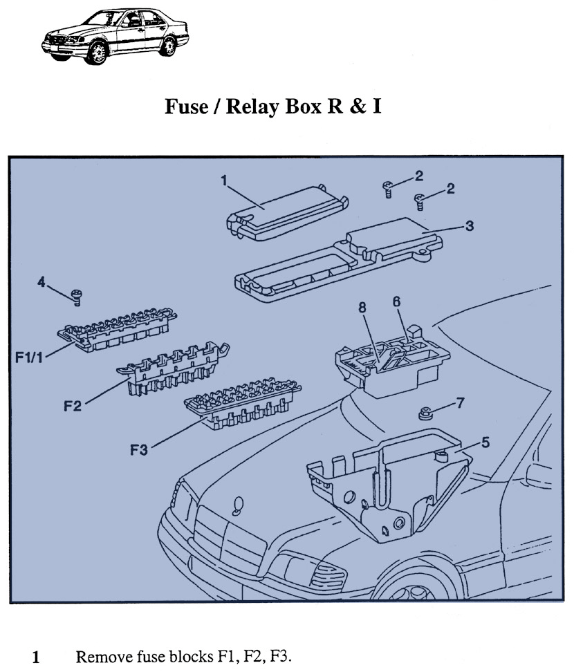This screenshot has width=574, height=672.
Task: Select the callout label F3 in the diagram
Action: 139,449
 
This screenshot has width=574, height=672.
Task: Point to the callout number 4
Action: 41,283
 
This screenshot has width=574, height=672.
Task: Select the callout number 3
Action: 469,225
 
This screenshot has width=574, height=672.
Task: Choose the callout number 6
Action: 396,301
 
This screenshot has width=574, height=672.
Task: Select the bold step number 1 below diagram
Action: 37,656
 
